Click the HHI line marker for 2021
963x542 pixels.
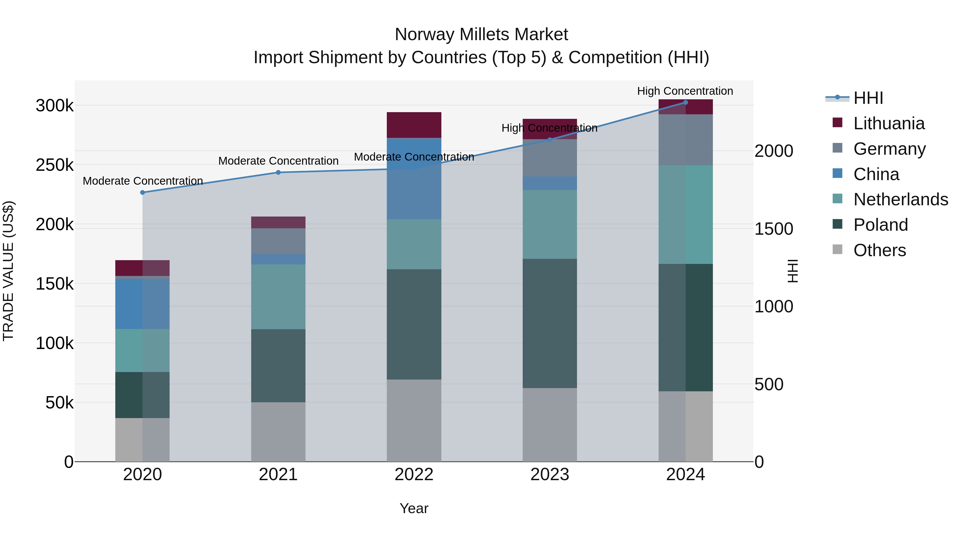[x=278, y=172]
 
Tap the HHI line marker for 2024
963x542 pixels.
[x=685, y=103]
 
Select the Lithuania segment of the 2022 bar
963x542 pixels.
[x=414, y=125]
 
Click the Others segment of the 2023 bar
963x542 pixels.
[x=549, y=424]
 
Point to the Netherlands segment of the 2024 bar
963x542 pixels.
[x=685, y=214]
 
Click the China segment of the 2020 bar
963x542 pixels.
[x=142, y=304]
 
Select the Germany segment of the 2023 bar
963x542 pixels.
[x=549, y=158]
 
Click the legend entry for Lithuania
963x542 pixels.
[x=889, y=123]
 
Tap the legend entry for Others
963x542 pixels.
[x=879, y=250]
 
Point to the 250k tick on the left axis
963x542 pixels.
[x=55, y=165]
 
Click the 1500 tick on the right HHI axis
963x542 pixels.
[x=773, y=229]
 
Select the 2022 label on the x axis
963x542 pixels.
[x=414, y=475]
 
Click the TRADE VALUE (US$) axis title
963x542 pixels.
[x=8, y=271]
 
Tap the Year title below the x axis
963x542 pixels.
[x=414, y=508]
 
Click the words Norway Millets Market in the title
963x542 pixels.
[x=481, y=35]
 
